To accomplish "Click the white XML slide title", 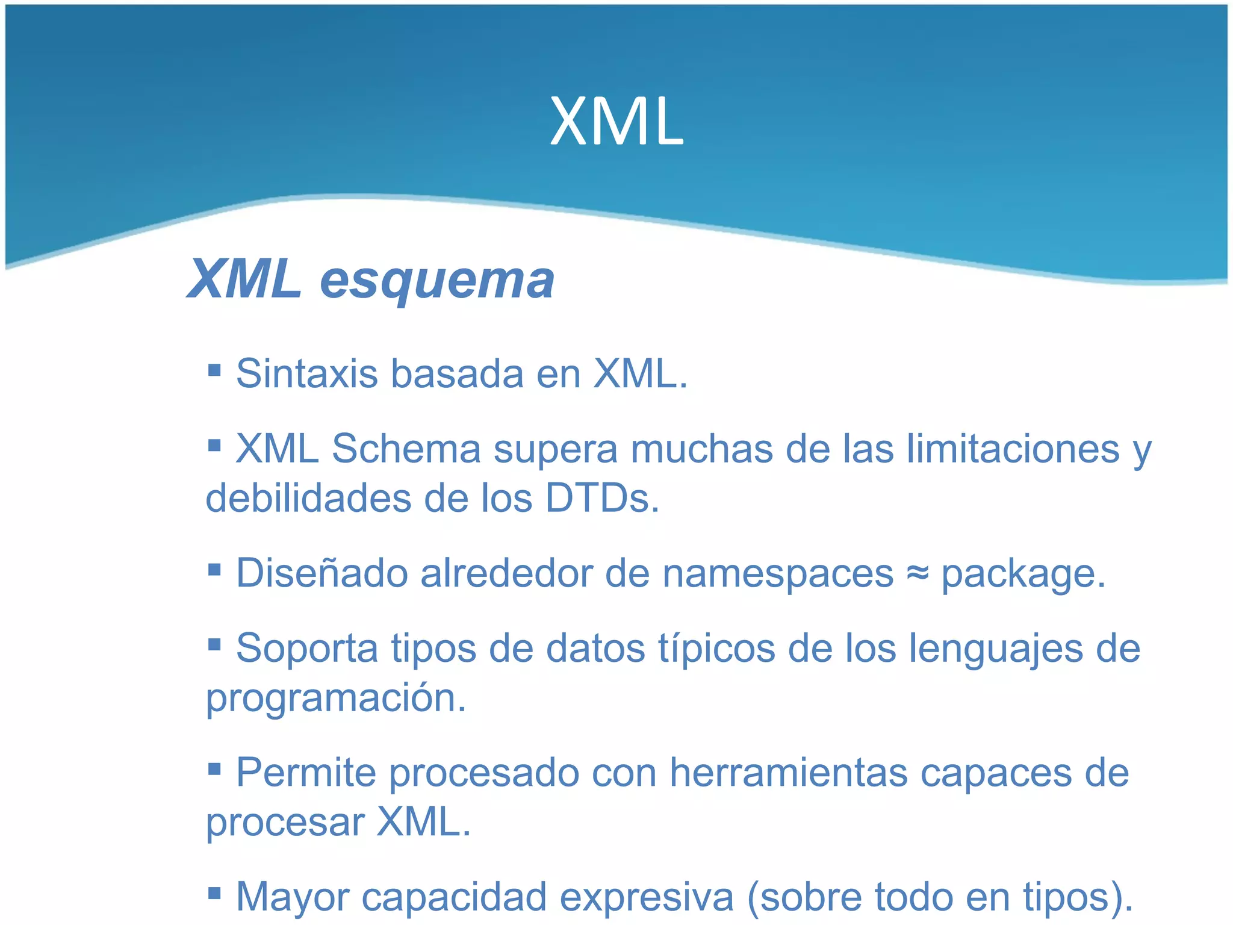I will pyautogui.click(x=616, y=122).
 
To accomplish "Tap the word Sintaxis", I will pyautogui.click(x=306, y=374).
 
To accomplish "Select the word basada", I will pyautogui.click(x=458, y=374).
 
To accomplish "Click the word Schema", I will pyautogui.click(x=406, y=449).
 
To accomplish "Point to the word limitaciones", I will pyautogui.click(x=1013, y=449).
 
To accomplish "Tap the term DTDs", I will pyautogui.click(x=602, y=499).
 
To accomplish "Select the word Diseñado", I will pyautogui.click(x=322, y=573).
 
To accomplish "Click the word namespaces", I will pyautogui.click(x=778, y=575).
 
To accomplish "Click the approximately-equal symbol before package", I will pyautogui.click(x=918, y=573).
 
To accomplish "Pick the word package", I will pyautogui.click(x=1023, y=576).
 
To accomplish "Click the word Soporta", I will pyautogui.click(x=307, y=649).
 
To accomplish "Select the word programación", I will pyautogui.click(x=336, y=699).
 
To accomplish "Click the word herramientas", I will pyautogui.click(x=789, y=773).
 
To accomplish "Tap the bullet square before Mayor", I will pyautogui.click(x=214, y=892).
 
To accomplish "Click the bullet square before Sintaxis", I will pyautogui.click(x=214, y=369).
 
